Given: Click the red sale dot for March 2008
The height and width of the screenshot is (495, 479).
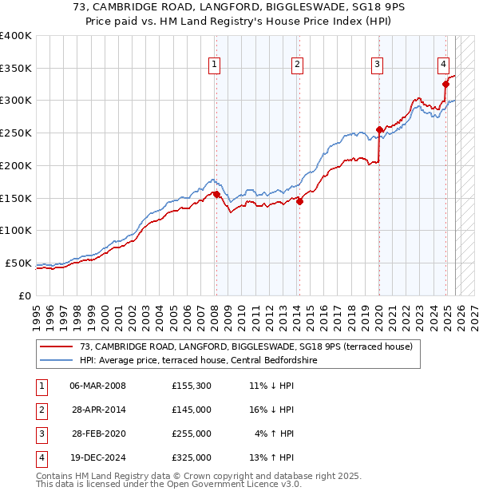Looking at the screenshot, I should (216, 194).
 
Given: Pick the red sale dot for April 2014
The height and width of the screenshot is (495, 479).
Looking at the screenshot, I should (299, 201).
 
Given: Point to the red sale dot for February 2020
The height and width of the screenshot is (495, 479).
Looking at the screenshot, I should (379, 129).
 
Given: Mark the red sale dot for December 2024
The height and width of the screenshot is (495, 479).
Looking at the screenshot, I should (446, 83).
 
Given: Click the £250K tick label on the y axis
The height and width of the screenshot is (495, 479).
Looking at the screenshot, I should (16, 133).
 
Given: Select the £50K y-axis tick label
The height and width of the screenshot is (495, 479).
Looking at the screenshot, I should (18, 263).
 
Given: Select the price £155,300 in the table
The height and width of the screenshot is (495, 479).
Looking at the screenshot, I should (192, 386).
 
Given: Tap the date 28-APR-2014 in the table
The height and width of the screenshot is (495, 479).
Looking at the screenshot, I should (98, 410).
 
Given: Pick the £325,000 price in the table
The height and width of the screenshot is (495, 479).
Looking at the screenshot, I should (192, 457).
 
